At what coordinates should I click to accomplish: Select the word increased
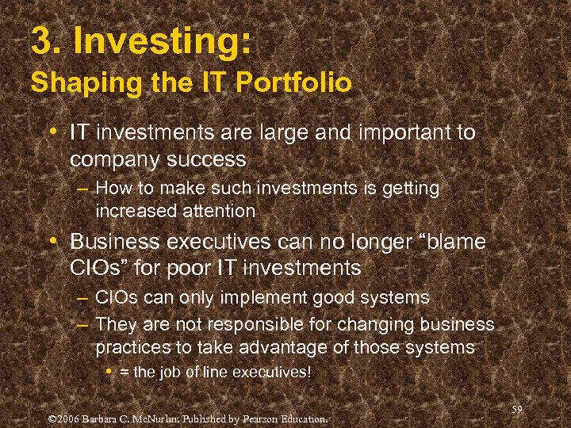coord(133,211)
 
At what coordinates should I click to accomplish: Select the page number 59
coord(518,409)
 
